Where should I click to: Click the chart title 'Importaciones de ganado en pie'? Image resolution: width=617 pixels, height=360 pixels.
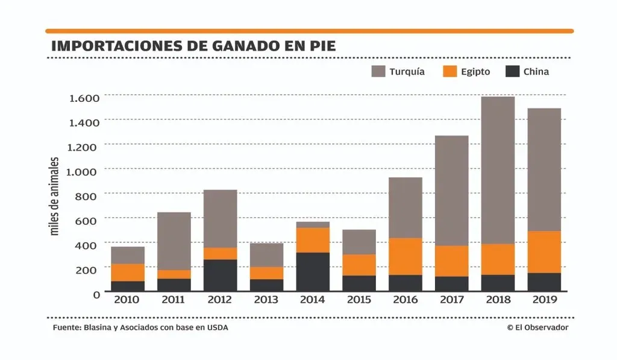click(x=193, y=46)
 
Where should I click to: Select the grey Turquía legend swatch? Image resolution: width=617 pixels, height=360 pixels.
click(x=378, y=71)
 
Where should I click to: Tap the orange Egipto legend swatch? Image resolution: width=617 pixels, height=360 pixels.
click(x=451, y=71)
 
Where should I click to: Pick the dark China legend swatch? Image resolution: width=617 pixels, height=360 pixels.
click(x=512, y=71)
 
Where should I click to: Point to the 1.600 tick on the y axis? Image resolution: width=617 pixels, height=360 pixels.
click(x=84, y=98)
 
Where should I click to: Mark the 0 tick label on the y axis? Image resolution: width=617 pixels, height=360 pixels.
click(x=95, y=294)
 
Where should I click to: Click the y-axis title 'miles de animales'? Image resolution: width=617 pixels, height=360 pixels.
click(x=54, y=196)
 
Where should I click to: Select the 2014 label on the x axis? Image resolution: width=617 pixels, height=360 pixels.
click(x=312, y=300)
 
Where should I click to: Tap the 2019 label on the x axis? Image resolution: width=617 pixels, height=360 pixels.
click(x=544, y=300)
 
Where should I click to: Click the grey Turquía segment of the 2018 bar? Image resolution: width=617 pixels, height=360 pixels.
click(x=498, y=170)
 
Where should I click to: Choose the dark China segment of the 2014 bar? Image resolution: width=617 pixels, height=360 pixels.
click(x=312, y=272)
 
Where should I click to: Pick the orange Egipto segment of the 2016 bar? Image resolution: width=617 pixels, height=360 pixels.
click(x=405, y=256)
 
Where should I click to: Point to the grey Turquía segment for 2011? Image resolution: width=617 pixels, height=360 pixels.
click(x=174, y=241)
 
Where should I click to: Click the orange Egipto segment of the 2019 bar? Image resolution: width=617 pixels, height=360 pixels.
click(x=544, y=252)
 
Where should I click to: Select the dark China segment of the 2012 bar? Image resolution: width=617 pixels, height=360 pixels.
click(x=221, y=276)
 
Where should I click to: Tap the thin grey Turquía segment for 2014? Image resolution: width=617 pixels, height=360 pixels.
click(x=312, y=224)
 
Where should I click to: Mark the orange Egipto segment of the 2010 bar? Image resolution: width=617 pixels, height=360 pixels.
click(x=128, y=273)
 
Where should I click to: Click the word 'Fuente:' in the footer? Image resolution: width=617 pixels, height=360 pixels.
click(x=64, y=327)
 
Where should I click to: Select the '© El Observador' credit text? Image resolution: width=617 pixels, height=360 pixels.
click(x=537, y=327)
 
